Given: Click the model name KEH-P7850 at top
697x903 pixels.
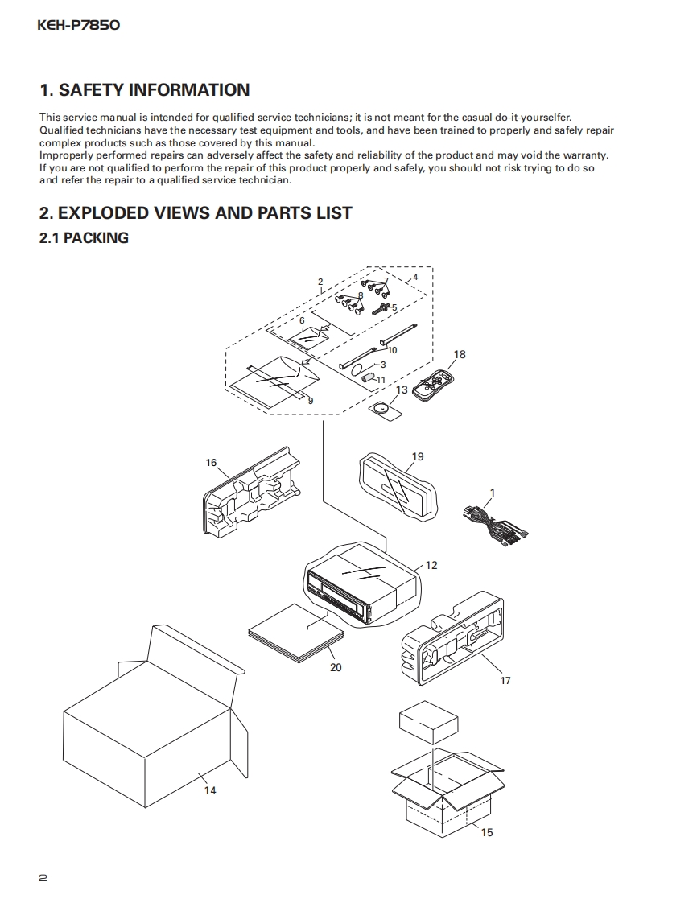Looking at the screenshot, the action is coord(79,25).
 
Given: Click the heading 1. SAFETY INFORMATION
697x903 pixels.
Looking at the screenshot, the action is coord(145,90).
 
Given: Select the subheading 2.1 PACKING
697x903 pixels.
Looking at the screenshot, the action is coord(84,237).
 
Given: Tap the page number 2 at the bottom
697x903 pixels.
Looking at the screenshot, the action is coord(43,878).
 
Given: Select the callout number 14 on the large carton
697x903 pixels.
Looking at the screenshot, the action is coord(209,790).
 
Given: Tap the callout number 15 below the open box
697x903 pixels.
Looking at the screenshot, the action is coord(487,832).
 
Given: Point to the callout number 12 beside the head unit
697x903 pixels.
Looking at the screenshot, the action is coord(431,565).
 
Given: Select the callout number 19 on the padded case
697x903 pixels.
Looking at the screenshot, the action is coord(418,456).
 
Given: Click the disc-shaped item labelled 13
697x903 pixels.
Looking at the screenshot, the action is coord(385,408).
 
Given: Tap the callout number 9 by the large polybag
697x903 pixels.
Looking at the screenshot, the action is coord(310,399).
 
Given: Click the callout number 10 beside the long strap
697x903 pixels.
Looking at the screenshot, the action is coord(393,350).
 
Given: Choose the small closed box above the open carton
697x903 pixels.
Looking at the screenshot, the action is coord(429,722).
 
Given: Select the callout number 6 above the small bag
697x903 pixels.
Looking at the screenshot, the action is coord(302,320).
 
